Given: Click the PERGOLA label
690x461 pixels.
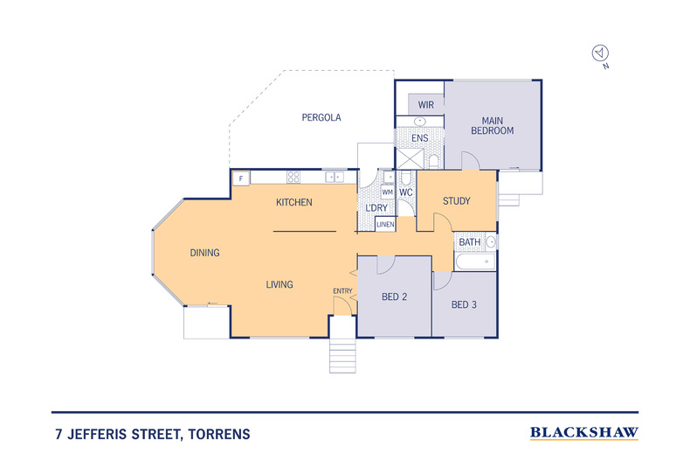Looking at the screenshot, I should [321, 117].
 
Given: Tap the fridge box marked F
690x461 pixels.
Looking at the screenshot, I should [241, 178].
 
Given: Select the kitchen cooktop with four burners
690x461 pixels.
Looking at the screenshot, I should [294, 178].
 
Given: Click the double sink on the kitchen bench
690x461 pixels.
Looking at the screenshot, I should [335, 178].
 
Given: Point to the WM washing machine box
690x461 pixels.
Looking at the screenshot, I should [387, 192].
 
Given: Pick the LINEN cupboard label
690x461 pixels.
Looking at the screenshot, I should [385, 225].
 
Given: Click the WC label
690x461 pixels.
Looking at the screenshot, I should [405, 192].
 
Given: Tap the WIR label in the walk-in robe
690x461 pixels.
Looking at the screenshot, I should [425, 104].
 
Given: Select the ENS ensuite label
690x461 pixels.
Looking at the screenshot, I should [419, 138].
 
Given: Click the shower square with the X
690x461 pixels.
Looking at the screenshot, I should [408, 159].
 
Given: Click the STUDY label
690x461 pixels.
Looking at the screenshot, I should [456, 201].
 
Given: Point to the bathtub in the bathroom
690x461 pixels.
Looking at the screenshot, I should [474, 262].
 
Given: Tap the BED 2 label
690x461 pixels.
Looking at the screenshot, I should [395, 297].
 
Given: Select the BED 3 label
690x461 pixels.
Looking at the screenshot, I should [464, 305].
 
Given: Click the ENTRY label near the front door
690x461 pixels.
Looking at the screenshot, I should [342, 290].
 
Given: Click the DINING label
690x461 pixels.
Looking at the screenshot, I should [204, 253].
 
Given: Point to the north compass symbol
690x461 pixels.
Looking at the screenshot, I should [600, 54].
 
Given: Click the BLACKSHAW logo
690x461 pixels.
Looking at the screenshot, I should [584, 432].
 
